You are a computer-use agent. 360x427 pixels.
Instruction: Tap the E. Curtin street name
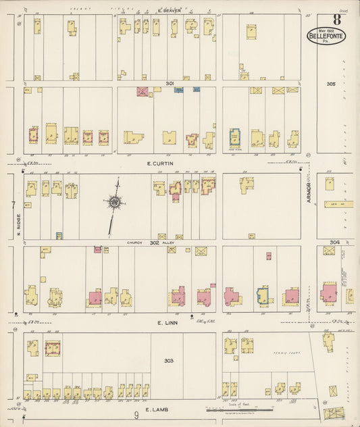pos(158,163)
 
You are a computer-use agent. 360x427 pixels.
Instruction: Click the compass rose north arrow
pos(115,201)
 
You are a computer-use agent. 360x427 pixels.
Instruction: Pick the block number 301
pos(170,83)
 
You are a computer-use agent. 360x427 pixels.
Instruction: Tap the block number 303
pos(169,361)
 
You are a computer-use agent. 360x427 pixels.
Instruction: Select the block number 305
pos(330,84)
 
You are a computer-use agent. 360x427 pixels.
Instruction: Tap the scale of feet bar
pos(240,409)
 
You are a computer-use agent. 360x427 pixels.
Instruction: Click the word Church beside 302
pos(134,242)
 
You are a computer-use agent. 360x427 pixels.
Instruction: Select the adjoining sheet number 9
pos(136,415)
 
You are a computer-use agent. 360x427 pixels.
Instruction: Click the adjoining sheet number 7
pos(12,203)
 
